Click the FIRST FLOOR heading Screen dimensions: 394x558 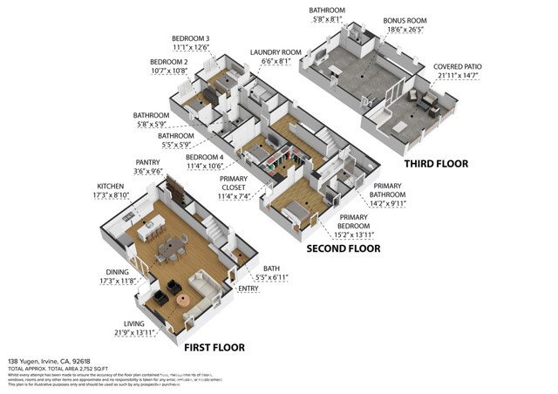click(214, 347)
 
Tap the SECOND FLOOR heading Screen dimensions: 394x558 click(343, 248)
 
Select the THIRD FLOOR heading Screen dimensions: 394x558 click(436, 163)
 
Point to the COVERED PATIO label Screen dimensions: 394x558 click(459, 67)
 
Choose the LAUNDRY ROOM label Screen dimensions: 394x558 click(276, 52)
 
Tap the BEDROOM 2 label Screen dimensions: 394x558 click(169, 62)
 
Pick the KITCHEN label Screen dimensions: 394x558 click(111, 187)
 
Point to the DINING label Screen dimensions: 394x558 click(116, 271)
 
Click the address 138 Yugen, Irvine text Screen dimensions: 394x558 click(49, 360)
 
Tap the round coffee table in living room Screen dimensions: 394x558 click(183, 300)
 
